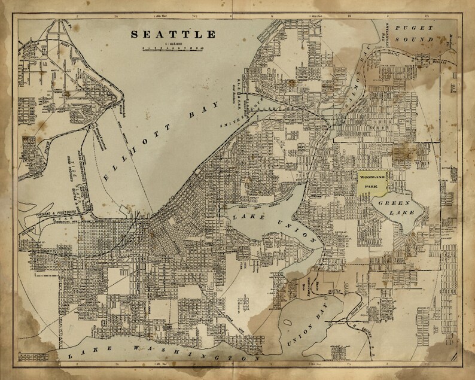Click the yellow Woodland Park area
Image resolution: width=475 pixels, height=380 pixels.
pos(373,181)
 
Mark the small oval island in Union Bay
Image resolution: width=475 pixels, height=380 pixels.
pos(288,323)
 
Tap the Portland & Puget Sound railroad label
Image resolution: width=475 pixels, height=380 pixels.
pos(60,210)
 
